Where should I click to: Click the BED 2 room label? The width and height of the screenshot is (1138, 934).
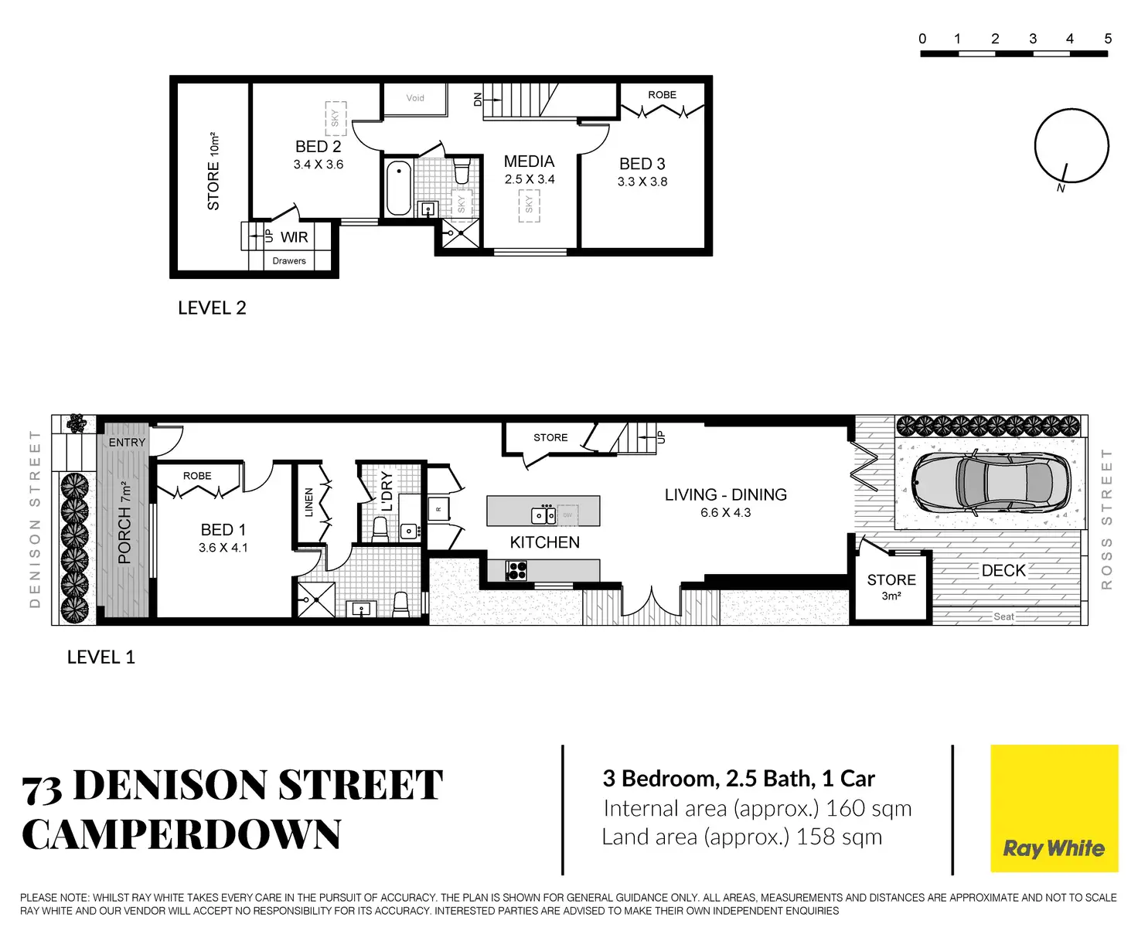click(x=318, y=147)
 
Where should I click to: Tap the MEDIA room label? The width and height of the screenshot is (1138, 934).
click(x=529, y=161)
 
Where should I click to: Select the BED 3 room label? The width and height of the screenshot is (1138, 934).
click(x=642, y=164)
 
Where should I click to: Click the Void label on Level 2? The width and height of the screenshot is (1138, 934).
click(x=415, y=98)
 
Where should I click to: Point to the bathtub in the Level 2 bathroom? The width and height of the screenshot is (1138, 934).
click(x=399, y=188)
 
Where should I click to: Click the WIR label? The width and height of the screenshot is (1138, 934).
click(x=294, y=237)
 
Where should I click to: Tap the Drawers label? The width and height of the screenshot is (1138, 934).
click(x=289, y=261)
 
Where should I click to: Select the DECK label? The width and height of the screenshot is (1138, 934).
click(x=1003, y=571)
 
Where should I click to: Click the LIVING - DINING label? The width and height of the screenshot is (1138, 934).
click(x=725, y=495)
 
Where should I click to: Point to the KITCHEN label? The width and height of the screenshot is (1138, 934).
click(x=544, y=542)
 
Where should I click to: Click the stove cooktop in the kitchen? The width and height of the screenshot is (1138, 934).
click(x=516, y=571)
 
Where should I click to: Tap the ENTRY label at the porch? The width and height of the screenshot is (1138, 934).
click(x=127, y=443)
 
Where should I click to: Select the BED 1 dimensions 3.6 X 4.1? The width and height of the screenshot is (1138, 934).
click(x=223, y=548)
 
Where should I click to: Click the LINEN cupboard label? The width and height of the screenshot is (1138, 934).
click(x=309, y=502)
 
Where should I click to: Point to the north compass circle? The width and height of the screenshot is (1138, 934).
click(x=1071, y=146)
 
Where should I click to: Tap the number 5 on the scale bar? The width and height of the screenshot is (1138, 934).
click(x=1107, y=39)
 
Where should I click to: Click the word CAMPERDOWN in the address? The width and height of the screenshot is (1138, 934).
click(x=182, y=835)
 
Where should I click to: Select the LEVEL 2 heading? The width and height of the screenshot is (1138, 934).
click(x=212, y=308)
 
